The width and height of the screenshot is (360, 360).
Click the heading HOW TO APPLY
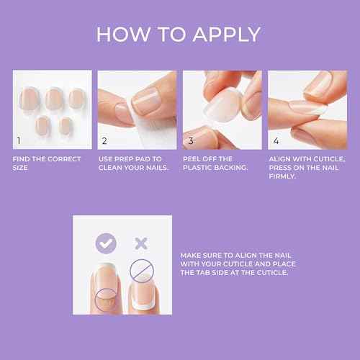click(179, 34)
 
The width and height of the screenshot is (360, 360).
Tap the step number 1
click(20, 141)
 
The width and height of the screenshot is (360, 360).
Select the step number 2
click(104, 141)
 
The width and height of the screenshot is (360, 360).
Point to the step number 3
click(190, 141)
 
